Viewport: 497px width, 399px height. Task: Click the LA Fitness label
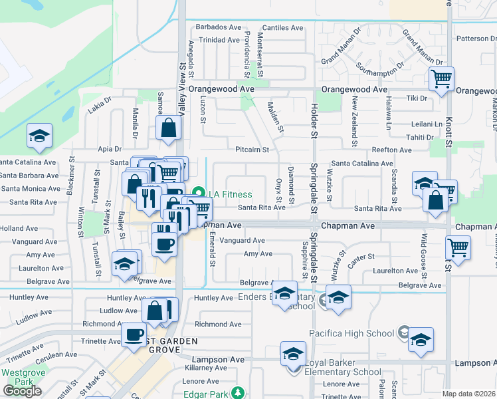coord(231,194)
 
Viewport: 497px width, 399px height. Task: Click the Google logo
coord(22,390)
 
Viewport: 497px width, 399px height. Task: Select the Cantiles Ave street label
coord(282,28)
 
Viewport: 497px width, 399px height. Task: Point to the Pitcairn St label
coord(252,150)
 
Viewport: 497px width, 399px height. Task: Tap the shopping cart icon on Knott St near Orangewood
coord(441,79)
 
